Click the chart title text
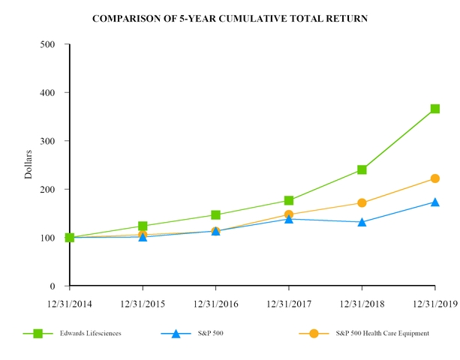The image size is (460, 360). pos(230,17)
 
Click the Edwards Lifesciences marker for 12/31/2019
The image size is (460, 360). pos(434,109)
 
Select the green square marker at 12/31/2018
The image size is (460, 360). pos(362,169)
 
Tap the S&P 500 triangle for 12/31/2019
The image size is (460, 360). pos(434,202)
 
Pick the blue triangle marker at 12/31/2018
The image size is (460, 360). pos(362,222)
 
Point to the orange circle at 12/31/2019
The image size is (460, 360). pos(434,178)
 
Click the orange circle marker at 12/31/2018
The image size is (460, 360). pos(362,202)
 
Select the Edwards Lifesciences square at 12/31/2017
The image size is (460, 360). pos(289,200)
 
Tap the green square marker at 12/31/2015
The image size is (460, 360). pos(143,226)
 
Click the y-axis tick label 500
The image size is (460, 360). pos(47,44)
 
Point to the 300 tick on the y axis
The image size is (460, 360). pos(47,141)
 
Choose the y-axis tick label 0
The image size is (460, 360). pos(53,286)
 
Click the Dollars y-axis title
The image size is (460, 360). pos(29,165)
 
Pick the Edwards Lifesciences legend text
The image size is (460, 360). pos(91,333)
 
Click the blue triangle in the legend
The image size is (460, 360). pos(176,333)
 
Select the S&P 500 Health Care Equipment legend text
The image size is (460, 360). pos(382,333)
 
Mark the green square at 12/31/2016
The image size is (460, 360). pos(215,215)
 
